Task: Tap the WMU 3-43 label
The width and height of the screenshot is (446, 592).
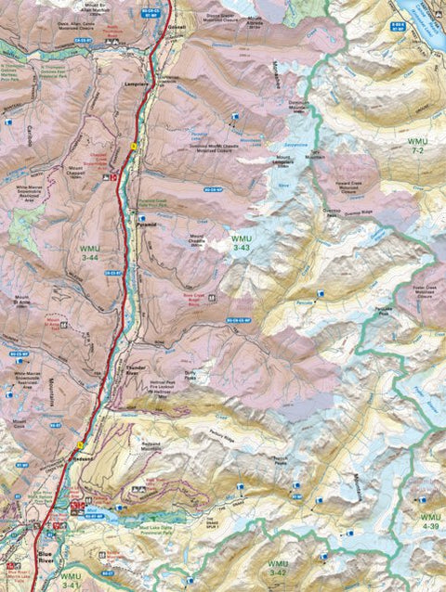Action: pyautogui.click(x=242, y=244)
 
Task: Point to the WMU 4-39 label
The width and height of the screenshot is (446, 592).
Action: pyautogui.click(x=431, y=521)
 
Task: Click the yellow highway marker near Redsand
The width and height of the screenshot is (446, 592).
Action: pyautogui.click(x=92, y=444)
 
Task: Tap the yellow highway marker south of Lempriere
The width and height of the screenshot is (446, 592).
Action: pyautogui.click(x=134, y=147)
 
